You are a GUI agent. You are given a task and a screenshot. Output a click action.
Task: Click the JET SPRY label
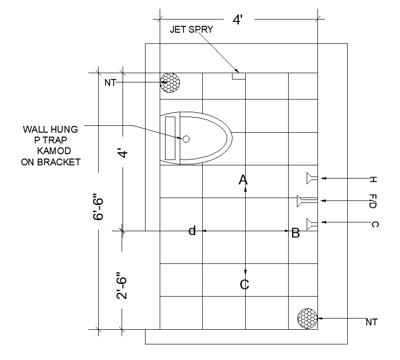(191, 30)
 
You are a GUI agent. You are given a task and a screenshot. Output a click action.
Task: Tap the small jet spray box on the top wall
(238, 76)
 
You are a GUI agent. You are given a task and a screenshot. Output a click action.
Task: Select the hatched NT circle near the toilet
(170, 82)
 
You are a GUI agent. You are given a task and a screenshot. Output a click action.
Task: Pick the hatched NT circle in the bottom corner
(307, 319)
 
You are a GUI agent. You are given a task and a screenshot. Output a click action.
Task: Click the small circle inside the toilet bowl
(186, 139)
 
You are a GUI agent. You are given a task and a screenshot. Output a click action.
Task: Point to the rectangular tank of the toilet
(170, 139)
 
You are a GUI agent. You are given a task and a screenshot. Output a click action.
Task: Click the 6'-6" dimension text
(98, 207)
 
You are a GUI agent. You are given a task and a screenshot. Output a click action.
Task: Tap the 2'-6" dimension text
(122, 285)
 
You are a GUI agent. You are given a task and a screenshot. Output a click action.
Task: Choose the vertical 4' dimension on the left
(124, 153)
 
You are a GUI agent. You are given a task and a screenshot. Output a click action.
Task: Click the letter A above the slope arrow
(243, 180)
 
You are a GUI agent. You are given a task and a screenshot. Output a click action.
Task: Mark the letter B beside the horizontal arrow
(295, 233)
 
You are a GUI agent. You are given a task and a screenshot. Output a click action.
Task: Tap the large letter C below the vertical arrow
(244, 284)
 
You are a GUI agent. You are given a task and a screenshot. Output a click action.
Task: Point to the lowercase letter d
(192, 231)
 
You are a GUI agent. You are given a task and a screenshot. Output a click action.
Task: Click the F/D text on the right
(373, 201)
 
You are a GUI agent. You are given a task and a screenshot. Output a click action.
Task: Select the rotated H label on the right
(373, 180)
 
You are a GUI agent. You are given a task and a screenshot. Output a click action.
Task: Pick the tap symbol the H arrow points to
(312, 179)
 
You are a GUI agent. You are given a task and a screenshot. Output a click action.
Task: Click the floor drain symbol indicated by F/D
(307, 201)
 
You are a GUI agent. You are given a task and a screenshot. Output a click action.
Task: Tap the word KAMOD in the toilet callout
(54, 151)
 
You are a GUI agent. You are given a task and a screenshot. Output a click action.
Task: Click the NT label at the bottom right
(371, 322)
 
